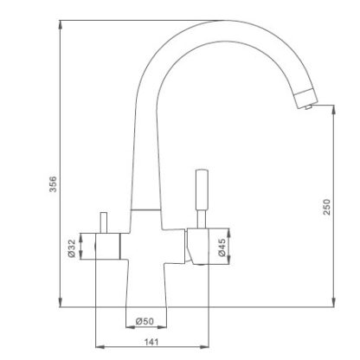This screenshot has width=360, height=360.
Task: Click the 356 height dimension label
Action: click(54, 184)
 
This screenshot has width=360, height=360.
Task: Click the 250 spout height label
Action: click(327, 207)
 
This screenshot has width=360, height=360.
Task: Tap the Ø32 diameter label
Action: click(71, 248)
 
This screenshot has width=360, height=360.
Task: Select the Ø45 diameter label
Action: click(222, 247)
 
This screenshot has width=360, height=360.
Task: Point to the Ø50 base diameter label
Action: click(145, 321)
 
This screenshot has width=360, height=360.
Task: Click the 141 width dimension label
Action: click(151, 342)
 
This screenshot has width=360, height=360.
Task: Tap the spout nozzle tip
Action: click(308, 107)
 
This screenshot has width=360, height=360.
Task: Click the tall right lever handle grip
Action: click(202, 190)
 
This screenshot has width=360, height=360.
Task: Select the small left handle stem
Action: click(104, 222)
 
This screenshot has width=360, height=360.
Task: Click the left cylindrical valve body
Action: click(107, 246)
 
